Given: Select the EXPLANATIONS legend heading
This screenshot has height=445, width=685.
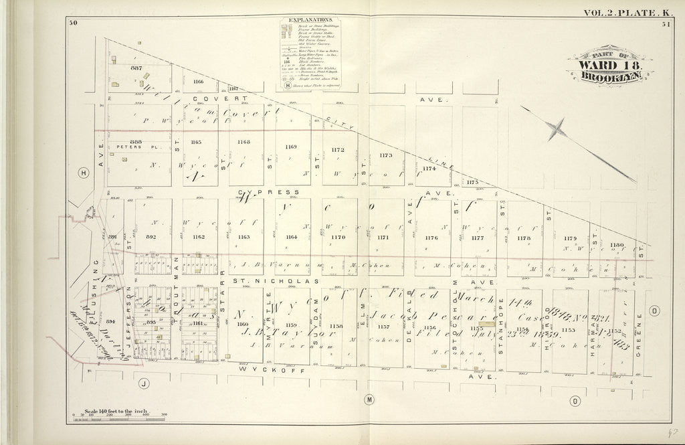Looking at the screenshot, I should [308, 21].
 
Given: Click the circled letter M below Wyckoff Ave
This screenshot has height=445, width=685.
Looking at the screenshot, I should [368, 399].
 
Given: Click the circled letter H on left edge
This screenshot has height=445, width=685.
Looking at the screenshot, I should [83, 173].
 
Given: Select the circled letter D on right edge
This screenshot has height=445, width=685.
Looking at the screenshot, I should [654, 309].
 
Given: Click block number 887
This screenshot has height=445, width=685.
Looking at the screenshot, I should [137, 70].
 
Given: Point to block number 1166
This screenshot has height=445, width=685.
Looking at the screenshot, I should [197, 82].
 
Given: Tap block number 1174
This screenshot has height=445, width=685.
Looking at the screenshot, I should [429, 169].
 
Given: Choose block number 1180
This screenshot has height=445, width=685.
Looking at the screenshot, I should [617, 246].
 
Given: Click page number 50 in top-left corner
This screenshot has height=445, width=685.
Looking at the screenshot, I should [73, 24].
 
